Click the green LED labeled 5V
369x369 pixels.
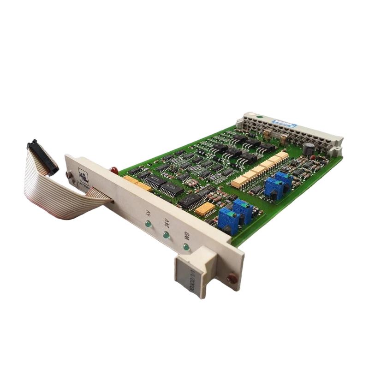click(148, 225)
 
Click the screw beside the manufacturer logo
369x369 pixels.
click(69, 175)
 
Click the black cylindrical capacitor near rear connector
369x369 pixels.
click(308, 148)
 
